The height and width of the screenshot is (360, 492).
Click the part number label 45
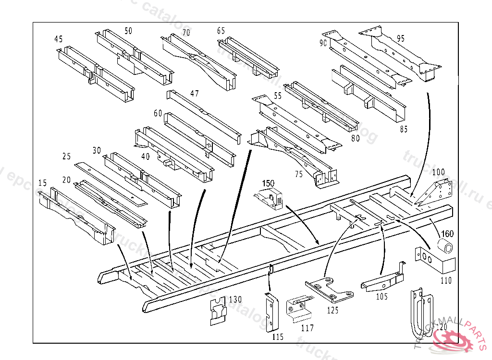point(58,39)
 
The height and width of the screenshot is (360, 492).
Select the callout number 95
point(400,38)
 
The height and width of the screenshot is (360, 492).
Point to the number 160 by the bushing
point(447,234)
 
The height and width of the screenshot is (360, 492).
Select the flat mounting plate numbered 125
point(329,291)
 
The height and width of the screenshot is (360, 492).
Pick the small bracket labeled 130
point(219,312)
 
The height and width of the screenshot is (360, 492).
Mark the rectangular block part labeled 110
point(435,262)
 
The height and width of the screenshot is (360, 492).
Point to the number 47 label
point(194,94)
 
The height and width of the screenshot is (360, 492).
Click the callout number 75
point(299,174)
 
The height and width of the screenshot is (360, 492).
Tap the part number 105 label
point(381,297)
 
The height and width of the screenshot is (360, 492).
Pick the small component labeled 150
point(270,199)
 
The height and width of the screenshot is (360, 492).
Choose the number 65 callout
point(221,31)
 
